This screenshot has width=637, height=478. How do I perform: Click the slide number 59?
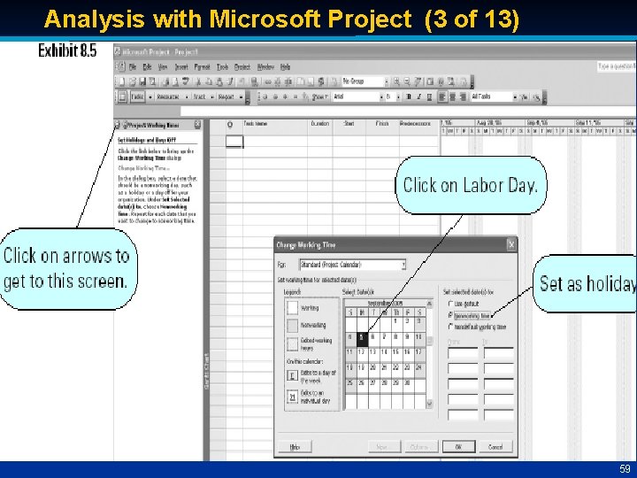624,468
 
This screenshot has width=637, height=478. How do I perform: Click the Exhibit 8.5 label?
67,51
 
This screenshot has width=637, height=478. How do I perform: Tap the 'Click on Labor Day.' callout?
470,185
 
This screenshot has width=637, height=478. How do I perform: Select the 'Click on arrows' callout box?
66,268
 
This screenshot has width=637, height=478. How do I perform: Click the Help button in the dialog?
295,446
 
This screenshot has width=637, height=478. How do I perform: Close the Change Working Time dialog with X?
510,244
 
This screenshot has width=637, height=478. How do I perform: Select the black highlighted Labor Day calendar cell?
361,336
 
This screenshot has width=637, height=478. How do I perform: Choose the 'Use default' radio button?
449,303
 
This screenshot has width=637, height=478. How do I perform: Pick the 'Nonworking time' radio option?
449,314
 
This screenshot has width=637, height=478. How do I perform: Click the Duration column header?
319,124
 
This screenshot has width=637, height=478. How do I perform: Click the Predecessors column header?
415,124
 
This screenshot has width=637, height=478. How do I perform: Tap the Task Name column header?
257,124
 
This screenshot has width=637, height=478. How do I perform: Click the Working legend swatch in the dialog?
293,307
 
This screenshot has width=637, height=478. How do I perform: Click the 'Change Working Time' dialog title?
305,244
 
